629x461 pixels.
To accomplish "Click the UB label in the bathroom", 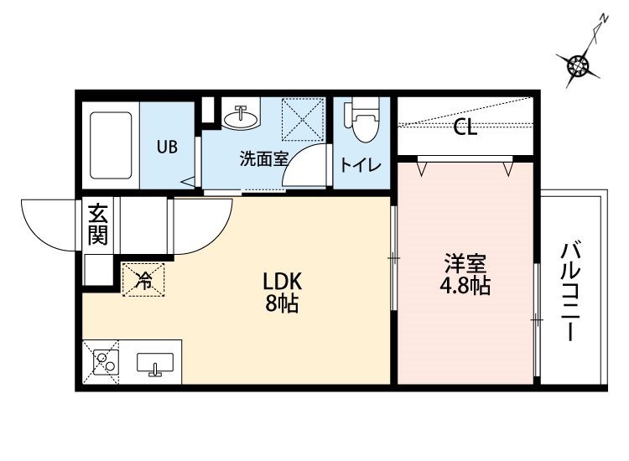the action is pyautogui.click(x=167, y=148).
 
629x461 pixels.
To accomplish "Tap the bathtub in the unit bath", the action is pyautogui.click(x=111, y=145).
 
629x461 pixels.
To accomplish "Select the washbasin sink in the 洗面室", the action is pyautogui.click(x=241, y=117).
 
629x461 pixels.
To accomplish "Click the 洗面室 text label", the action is pyautogui.click(x=264, y=158).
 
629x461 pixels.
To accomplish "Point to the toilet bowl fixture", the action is pyautogui.click(x=362, y=120).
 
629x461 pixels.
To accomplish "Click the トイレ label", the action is pyautogui.click(x=361, y=165).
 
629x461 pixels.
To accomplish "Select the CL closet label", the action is pyautogui.click(x=465, y=128).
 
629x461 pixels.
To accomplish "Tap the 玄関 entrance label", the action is pyautogui.click(x=98, y=224).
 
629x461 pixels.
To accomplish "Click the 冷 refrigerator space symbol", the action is pyautogui.click(x=143, y=280).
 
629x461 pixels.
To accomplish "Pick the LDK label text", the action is pyautogui.click(x=282, y=282).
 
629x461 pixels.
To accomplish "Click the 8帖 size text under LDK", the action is pyautogui.click(x=282, y=304).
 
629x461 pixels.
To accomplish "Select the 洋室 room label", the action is pyautogui.click(x=465, y=263).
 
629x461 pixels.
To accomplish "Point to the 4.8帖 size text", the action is pyautogui.click(x=465, y=286).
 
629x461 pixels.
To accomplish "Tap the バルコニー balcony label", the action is pyautogui.click(x=570, y=292).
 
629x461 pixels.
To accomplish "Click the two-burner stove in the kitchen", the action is pyautogui.click(x=106, y=361).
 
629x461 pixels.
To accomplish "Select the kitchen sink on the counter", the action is pyautogui.click(x=155, y=363).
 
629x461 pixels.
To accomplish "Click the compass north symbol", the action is pyautogui.click(x=578, y=65).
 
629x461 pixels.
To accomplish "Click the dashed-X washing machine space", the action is pyautogui.click(x=303, y=120).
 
